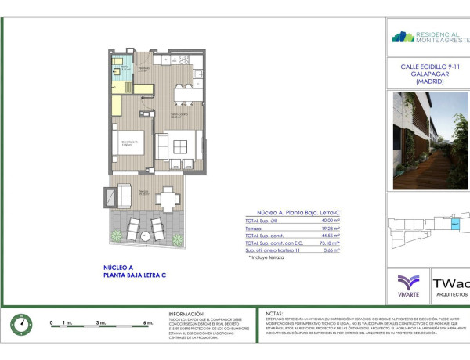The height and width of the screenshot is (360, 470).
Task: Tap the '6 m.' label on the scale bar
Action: pos(147,322)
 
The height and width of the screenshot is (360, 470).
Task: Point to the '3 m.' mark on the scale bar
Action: pos(100,322)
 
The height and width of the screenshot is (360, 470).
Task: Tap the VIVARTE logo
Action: pos(408,285)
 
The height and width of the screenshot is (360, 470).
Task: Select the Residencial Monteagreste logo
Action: pos(429,37)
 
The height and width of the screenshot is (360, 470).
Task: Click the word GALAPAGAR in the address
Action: pos(429,74)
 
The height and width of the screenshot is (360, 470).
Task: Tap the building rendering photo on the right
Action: pos(429,141)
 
